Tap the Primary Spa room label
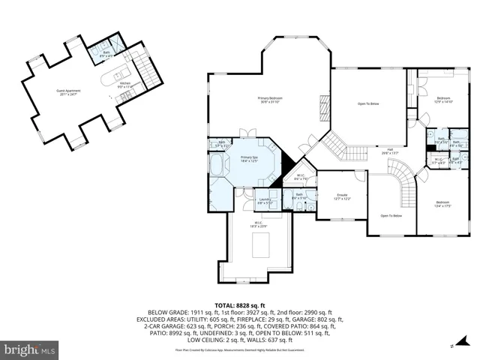pos(249,159)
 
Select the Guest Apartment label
pos(68,92)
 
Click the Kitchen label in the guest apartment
pos(125,85)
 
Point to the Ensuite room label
pos(342,198)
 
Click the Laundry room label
pos(264,200)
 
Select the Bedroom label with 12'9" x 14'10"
pos(444,100)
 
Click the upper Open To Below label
pos(367,103)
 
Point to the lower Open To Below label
pos(391,216)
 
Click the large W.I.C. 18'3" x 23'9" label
pos(260,224)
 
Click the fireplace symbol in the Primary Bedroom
pos(324,102)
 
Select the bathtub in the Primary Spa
pos(217,165)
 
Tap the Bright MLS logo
pos(30,349)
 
